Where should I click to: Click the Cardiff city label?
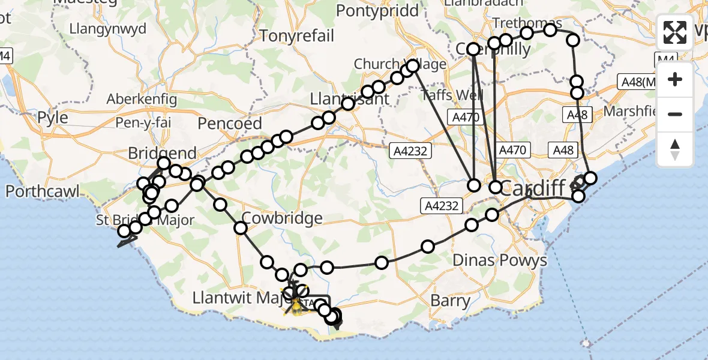[533, 188]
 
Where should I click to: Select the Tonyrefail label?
[296, 36]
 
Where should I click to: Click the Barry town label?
[451, 300]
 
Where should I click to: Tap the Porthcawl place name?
[43, 191]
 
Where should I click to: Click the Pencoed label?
[231, 124]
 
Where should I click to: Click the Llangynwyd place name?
[108, 29]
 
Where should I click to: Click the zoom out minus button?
[675, 114]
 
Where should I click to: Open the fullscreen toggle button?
[675, 32]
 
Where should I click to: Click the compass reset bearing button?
[675, 149]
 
